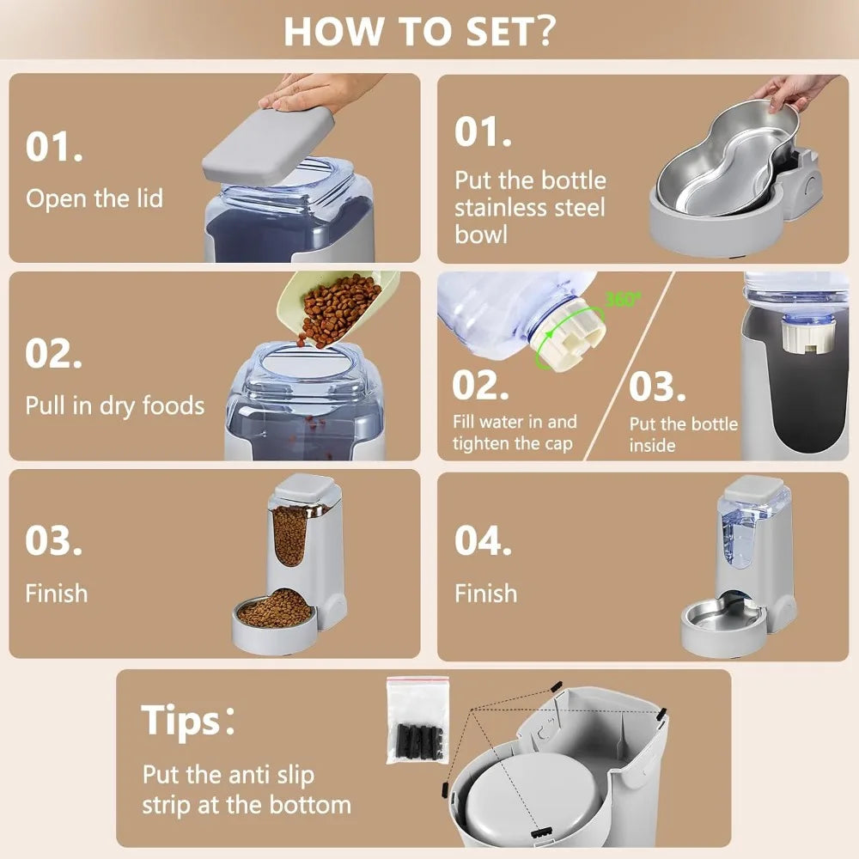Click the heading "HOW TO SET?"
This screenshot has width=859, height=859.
[419, 31]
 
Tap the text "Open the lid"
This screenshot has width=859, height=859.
[94, 198]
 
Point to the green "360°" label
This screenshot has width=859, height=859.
[623, 300]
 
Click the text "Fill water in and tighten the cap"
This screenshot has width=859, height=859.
[515, 433]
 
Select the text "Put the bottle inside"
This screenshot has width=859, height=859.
[683, 434]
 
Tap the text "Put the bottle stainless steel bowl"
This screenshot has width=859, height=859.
[530, 207]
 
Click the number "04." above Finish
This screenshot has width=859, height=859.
[483, 540]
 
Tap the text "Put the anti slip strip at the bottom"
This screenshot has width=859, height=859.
[247, 789]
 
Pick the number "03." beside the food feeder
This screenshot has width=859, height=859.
[53, 540]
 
